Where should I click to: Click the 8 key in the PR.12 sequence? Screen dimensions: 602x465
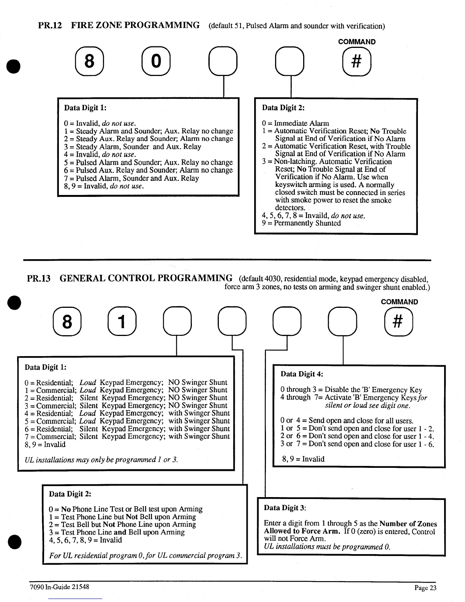pos(89,61)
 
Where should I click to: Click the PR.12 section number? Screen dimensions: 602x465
pos(50,25)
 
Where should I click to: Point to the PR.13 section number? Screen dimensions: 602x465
pos(39,279)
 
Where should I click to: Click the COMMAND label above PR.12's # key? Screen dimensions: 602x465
pos(357,42)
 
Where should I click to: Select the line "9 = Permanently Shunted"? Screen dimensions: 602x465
pos(301,223)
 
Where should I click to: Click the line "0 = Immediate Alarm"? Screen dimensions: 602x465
pos(296,123)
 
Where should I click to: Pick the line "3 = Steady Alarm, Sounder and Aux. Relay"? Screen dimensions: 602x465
pos(133,147)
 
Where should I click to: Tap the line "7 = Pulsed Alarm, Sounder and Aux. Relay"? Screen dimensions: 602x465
pos(131,178)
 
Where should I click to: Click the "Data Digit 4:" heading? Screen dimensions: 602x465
pos(302,374)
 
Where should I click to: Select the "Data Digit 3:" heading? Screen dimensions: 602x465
pos(285,508)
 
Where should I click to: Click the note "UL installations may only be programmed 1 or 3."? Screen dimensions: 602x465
pos(101,460)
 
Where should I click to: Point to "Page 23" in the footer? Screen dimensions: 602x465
pos(425,588)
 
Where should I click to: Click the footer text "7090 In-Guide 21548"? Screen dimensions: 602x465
pos(59,586)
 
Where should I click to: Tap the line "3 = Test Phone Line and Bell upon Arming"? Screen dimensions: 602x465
pos(117,532)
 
